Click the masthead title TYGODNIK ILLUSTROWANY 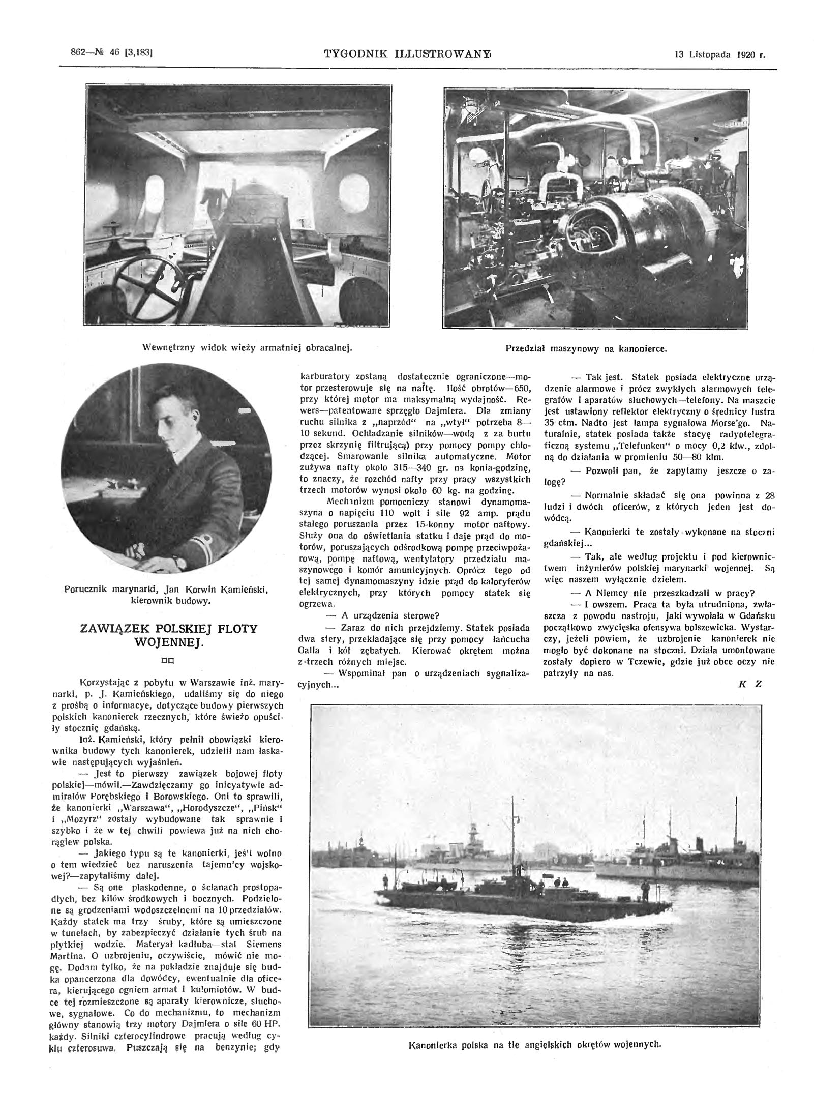click(407, 53)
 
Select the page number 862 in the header click(80, 51)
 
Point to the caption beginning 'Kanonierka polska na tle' click(535, 1098)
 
